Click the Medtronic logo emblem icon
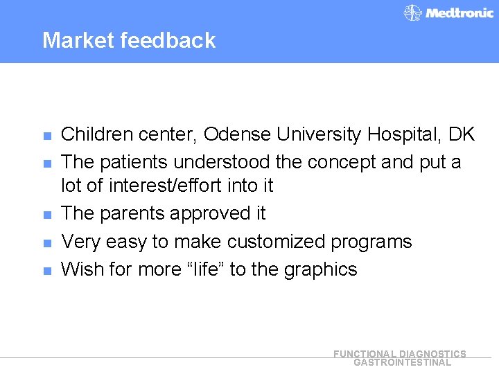click(413, 13)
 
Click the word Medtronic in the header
click(459, 13)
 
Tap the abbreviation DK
click(461, 134)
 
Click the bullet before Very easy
click(46, 243)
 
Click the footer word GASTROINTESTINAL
click(402, 362)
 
